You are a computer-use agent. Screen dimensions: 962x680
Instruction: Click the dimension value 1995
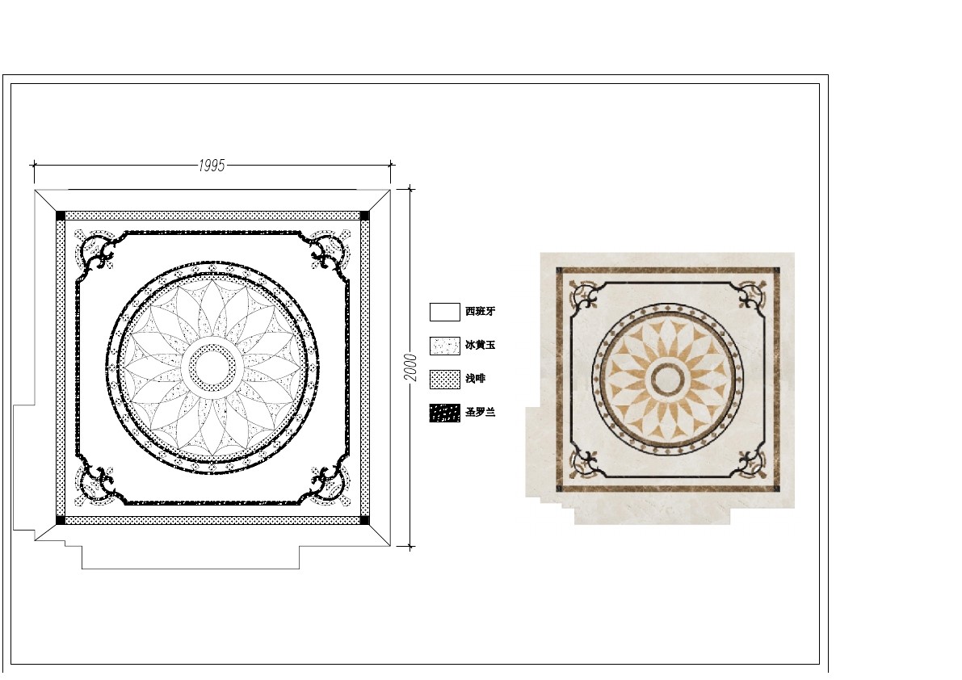click(x=212, y=166)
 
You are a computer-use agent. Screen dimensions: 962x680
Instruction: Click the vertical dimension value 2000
click(x=410, y=367)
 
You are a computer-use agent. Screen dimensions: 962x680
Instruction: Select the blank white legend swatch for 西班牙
click(x=445, y=312)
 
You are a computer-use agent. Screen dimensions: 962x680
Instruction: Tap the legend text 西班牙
click(x=480, y=312)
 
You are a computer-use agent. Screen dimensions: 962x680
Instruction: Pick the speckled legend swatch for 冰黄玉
click(x=445, y=346)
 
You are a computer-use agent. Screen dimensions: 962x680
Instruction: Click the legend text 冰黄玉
click(x=480, y=345)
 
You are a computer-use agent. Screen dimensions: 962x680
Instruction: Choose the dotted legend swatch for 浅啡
click(x=445, y=380)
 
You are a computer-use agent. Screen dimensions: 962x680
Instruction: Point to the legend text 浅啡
click(x=475, y=379)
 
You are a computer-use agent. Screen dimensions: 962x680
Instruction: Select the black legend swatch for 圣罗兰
click(x=445, y=413)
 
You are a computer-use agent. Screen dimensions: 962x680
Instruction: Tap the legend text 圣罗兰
click(x=480, y=412)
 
